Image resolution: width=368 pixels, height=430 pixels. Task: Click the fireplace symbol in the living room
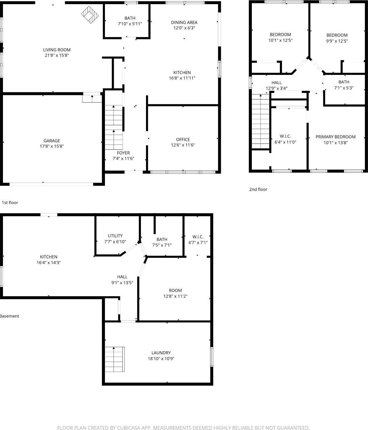coord(90,15)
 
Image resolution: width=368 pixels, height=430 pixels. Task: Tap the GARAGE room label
coord(52,141)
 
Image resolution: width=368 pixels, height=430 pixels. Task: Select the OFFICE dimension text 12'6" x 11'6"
coord(183,145)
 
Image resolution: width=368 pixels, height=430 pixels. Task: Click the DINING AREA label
coord(184,22)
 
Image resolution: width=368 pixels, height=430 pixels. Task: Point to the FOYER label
coord(123,153)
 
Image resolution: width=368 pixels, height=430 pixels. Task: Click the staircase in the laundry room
coord(115,359)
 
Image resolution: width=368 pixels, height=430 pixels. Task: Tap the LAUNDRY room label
coord(161,353)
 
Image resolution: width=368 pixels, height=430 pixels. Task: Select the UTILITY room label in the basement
coord(115,236)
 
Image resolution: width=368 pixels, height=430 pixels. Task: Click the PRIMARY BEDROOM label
coord(335,137)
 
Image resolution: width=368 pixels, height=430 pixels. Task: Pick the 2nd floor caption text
coord(258,189)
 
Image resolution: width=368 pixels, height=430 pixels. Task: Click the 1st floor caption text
coord(10,203)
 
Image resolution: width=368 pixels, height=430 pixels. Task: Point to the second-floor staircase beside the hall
coord(260,121)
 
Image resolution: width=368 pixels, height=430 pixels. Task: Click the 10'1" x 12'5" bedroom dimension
coord(280,41)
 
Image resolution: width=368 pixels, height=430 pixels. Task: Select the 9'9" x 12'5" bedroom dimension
coord(337,41)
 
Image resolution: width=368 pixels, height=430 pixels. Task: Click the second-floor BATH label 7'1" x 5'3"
coord(344,82)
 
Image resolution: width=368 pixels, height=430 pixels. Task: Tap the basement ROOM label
coord(175,290)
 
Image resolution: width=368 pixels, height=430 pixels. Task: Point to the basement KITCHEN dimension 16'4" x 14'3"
coord(49,262)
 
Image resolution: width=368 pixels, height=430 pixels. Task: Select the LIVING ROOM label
coord(57,50)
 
